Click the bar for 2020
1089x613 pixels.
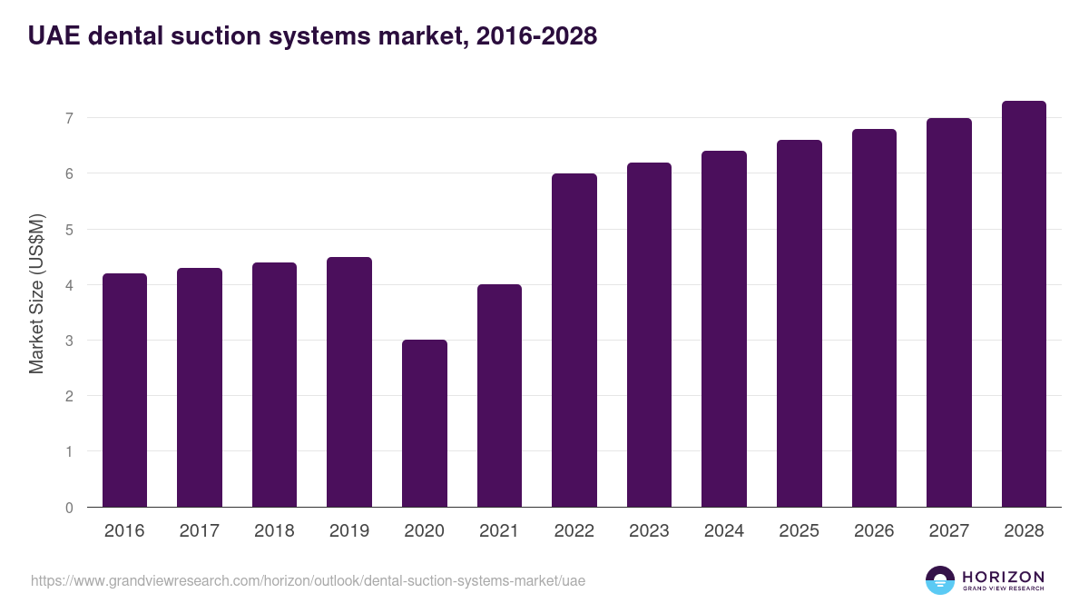424,423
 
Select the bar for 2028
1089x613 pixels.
1024,304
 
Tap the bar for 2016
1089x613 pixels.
124,391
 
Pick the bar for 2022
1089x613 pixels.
574,341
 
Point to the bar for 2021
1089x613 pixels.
499,396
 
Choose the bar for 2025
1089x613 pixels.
799,323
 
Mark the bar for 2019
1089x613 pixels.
349,382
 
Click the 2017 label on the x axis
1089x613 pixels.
199,531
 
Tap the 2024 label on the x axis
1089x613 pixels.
723,531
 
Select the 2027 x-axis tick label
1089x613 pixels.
948,531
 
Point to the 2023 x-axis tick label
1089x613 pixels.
649,531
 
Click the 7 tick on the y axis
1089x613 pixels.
69,118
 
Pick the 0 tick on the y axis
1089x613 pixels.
69,508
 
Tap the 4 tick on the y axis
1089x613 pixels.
69,285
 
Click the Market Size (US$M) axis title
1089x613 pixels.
36,293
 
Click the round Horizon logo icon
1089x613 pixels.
939,580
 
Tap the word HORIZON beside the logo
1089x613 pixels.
1003,577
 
